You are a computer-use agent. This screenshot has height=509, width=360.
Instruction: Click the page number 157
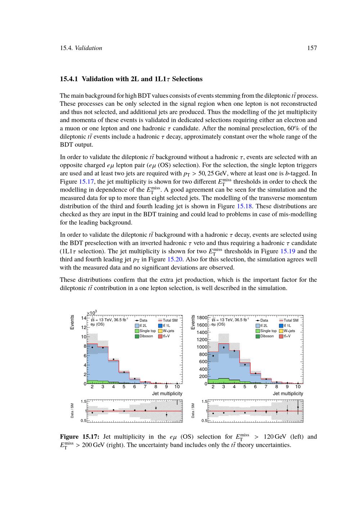click(x=312, y=48)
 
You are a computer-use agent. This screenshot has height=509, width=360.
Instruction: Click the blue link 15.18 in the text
click(x=244, y=206)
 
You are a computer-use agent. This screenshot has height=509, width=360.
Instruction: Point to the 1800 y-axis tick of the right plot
click(x=201, y=317)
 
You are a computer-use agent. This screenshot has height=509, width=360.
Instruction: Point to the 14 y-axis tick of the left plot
click(x=84, y=318)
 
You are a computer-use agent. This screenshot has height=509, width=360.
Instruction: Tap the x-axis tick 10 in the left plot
click(x=177, y=387)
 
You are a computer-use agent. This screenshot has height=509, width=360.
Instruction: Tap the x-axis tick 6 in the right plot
click(x=255, y=387)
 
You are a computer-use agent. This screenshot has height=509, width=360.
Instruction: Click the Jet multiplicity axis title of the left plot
click(x=167, y=394)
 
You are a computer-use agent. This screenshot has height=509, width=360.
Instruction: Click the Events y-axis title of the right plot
click(x=193, y=323)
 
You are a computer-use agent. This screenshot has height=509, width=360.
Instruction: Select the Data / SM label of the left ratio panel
click(x=72, y=410)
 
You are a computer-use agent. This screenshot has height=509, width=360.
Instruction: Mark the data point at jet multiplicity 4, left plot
click(x=113, y=359)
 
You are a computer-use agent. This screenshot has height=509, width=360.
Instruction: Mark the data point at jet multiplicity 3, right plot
click(x=224, y=347)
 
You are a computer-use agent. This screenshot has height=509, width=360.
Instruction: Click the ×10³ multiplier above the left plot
click(x=92, y=313)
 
